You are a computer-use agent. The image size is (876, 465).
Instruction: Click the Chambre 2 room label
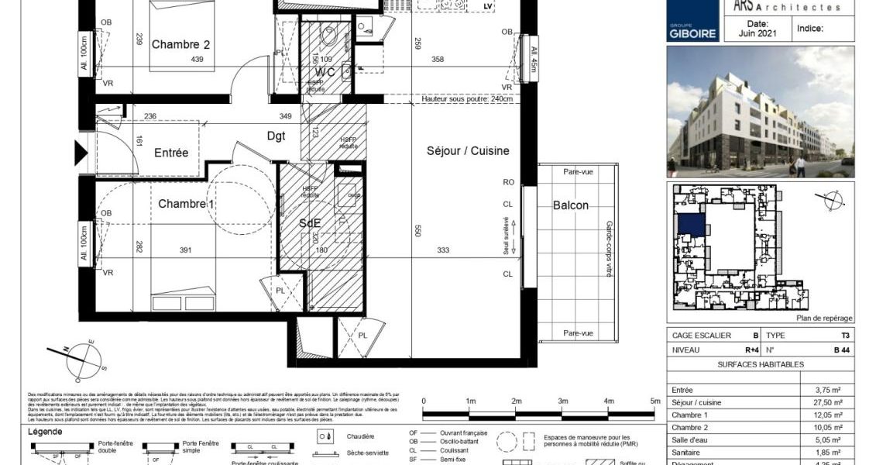click(180, 44)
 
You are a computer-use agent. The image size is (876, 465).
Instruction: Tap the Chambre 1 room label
click(185, 203)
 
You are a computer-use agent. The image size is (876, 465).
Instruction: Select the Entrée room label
click(170, 153)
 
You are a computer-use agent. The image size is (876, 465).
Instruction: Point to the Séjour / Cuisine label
click(468, 151)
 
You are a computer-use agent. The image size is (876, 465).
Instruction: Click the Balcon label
click(571, 205)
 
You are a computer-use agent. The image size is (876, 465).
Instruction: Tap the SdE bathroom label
click(311, 222)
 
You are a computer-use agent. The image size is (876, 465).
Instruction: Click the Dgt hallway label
click(276, 136)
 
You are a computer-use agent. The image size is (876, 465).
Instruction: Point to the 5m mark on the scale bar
click(654, 401)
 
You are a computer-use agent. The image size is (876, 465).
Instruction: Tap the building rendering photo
click(760, 112)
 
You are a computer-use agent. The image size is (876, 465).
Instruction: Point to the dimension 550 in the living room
click(417, 229)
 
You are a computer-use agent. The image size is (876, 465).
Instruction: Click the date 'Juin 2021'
click(757, 33)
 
